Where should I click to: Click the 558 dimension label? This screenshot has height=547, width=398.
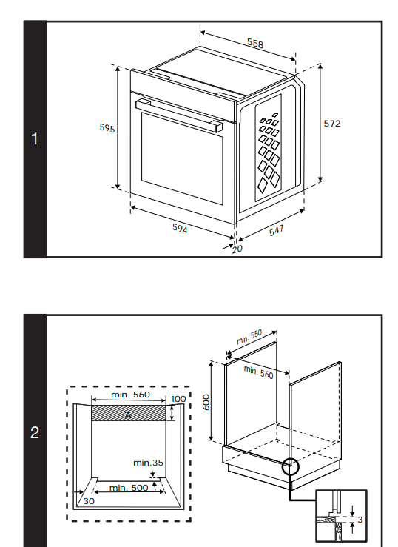pyautogui.click(x=255, y=43)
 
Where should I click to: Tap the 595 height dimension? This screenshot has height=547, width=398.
pyautogui.click(x=107, y=128)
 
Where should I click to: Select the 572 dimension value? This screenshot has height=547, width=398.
pyautogui.click(x=332, y=124)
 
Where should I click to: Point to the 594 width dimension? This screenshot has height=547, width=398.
pyautogui.click(x=180, y=229)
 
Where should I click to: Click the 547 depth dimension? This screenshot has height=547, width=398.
pyautogui.click(x=277, y=231)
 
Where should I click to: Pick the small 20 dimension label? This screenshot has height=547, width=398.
pyautogui.click(x=237, y=249)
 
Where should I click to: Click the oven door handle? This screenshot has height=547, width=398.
pyautogui.click(x=179, y=115)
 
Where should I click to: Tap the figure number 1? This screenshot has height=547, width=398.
pyautogui.click(x=35, y=138)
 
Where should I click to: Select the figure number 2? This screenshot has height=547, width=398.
pyautogui.click(x=35, y=432)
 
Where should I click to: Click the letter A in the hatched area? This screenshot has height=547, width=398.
pyautogui.click(x=128, y=415)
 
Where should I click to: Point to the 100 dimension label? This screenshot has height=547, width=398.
pyautogui.click(x=178, y=399)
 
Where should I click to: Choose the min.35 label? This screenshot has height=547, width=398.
pyautogui.click(x=148, y=463)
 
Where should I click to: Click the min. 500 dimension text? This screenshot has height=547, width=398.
pyautogui.click(x=129, y=488)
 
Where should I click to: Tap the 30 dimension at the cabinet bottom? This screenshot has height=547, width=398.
pyautogui.click(x=89, y=501)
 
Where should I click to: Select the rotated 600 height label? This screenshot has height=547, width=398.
pyautogui.click(x=206, y=402)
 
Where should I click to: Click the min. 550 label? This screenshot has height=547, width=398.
pyautogui.click(x=249, y=337)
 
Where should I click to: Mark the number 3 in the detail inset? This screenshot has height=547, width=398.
pyautogui.click(x=360, y=520)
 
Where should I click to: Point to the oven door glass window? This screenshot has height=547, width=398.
pyautogui.click(x=182, y=158)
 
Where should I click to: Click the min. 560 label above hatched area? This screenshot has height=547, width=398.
pyautogui.click(x=130, y=395)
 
